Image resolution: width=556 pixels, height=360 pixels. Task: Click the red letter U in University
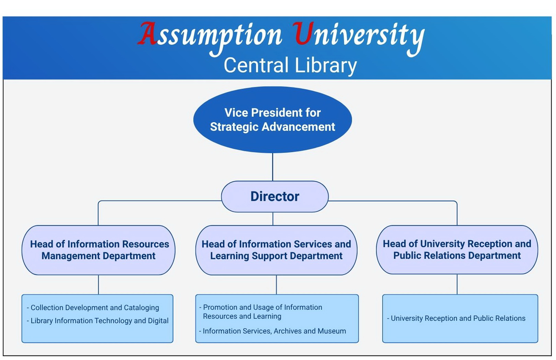303,33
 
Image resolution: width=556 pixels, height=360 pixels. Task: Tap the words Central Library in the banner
290,65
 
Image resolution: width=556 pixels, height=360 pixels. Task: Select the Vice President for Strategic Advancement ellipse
272,120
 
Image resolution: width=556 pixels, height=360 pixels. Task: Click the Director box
275,197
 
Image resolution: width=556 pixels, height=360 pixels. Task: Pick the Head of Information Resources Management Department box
98,250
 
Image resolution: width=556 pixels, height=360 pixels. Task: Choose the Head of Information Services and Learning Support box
276,250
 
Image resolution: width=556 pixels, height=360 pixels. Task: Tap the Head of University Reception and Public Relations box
457,250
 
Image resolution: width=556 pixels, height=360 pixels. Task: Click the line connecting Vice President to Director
272,167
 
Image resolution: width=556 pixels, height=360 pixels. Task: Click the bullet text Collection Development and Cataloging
93,308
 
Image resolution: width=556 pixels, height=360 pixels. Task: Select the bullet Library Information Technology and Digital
97,320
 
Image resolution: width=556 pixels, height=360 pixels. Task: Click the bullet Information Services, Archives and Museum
272,331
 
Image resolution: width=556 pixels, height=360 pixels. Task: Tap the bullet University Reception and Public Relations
456,318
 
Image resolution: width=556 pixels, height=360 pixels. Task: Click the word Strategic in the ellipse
234,127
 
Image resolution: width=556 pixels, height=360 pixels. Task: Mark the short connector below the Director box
273,219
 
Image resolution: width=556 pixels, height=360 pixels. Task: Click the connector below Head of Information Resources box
98,285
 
